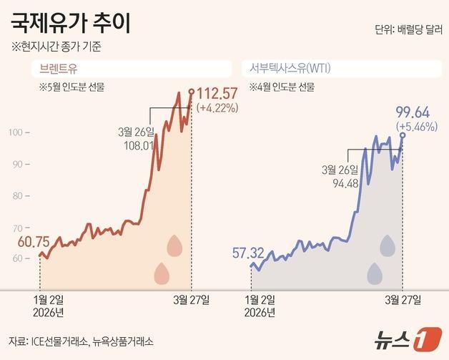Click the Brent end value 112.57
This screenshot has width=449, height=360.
pos(217,94)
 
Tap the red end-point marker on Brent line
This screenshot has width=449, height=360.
pos(191,91)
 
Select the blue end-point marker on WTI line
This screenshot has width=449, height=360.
pos(403,135)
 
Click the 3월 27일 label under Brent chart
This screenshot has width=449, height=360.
pos(192,298)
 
